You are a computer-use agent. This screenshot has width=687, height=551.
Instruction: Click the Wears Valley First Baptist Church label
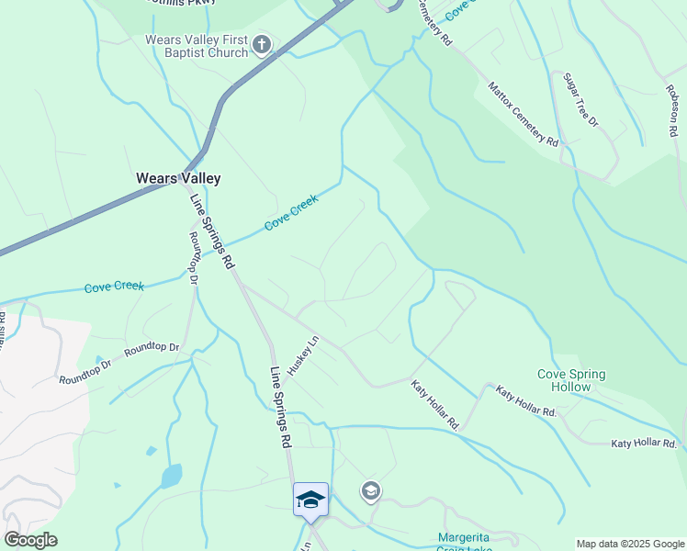point(197,46)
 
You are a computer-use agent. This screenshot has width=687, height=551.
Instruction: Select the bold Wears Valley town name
point(178,178)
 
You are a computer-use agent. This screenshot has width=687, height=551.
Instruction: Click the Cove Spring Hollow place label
point(571,380)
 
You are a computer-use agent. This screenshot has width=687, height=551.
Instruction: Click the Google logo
point(30,540)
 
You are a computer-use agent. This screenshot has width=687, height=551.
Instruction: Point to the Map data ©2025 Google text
point(629,544)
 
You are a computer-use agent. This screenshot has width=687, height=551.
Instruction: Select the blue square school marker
point(310,499)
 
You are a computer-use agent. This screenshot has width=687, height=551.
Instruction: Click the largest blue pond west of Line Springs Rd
point(171,477)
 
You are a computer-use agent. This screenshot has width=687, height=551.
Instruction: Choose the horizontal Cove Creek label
point(114,287)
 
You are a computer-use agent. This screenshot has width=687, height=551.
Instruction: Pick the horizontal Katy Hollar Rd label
point(643,444)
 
